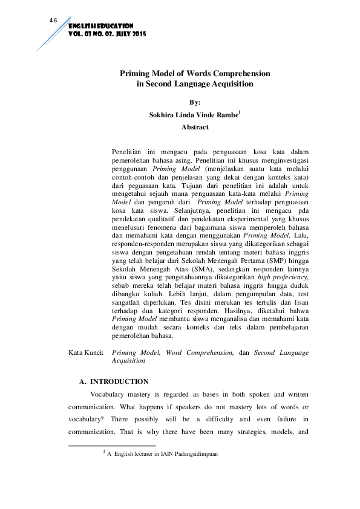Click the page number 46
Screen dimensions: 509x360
click(x=53, y=21)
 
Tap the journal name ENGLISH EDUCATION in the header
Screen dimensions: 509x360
click(x=100, y=27)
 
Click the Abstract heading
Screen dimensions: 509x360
click(x=195, y=128)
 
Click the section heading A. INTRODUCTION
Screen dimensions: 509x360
click(x=114, y=381)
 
